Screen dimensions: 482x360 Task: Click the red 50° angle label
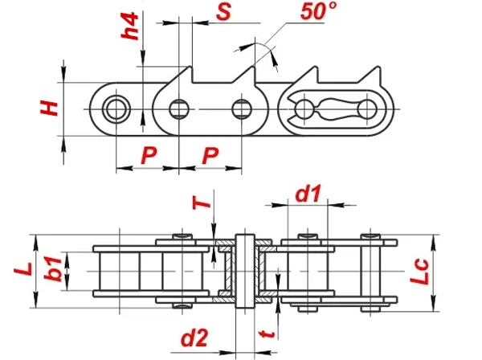[x=318, y=11]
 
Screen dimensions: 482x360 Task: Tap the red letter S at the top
[x=223, y=12]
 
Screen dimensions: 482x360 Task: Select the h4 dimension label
[x=129, y=26]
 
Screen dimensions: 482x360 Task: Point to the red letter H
[x=49, y=108]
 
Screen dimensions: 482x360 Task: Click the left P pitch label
[x=149, y=155]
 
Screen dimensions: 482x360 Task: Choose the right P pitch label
[x=210, y=155]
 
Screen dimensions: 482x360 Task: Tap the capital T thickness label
[x=202, y=202]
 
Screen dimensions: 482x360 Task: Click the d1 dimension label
[x=308, y=194]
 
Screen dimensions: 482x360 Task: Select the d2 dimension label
[x=194, y=337]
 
